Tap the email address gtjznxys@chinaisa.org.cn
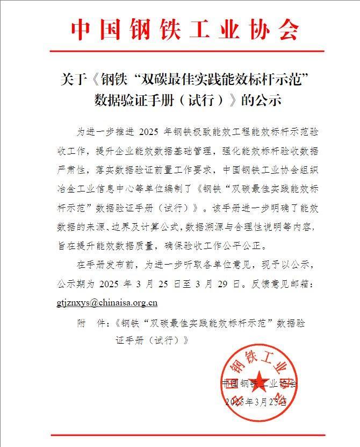(107, 302)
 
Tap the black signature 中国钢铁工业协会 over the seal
(259, 384)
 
